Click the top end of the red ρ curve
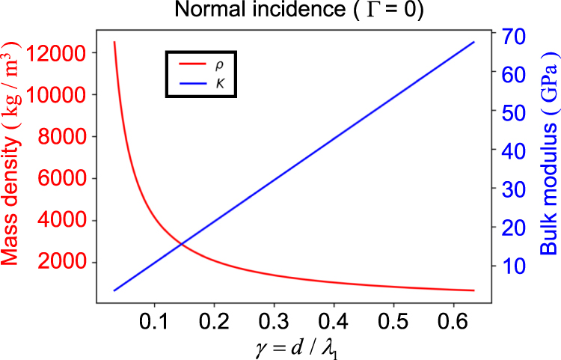114,42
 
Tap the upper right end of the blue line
474,42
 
